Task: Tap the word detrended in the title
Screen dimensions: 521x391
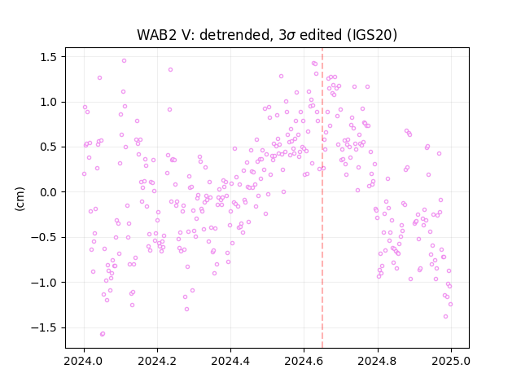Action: [234, 35]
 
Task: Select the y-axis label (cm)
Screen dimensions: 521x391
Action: [20, 198]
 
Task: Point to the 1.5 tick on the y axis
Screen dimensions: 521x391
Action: [50, 57]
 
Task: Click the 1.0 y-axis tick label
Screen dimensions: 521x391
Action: [50, 102]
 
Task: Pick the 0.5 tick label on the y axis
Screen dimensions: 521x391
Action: [50, 147]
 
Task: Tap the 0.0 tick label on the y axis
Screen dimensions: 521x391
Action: [50, 192]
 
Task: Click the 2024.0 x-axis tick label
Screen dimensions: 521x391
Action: [84, 360]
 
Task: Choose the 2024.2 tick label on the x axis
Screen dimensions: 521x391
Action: [157, 360]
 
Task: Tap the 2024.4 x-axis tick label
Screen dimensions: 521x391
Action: [230, 360]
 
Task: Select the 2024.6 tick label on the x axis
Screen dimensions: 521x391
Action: [304, 360]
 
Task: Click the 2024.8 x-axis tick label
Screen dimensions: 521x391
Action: [377, 360]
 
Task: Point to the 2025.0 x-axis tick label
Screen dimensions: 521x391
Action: [451, 360]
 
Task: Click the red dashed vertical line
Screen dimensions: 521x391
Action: [322, 198]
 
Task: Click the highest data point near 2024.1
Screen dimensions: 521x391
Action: [124, 61]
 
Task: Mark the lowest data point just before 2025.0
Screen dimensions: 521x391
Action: [445, 317]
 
